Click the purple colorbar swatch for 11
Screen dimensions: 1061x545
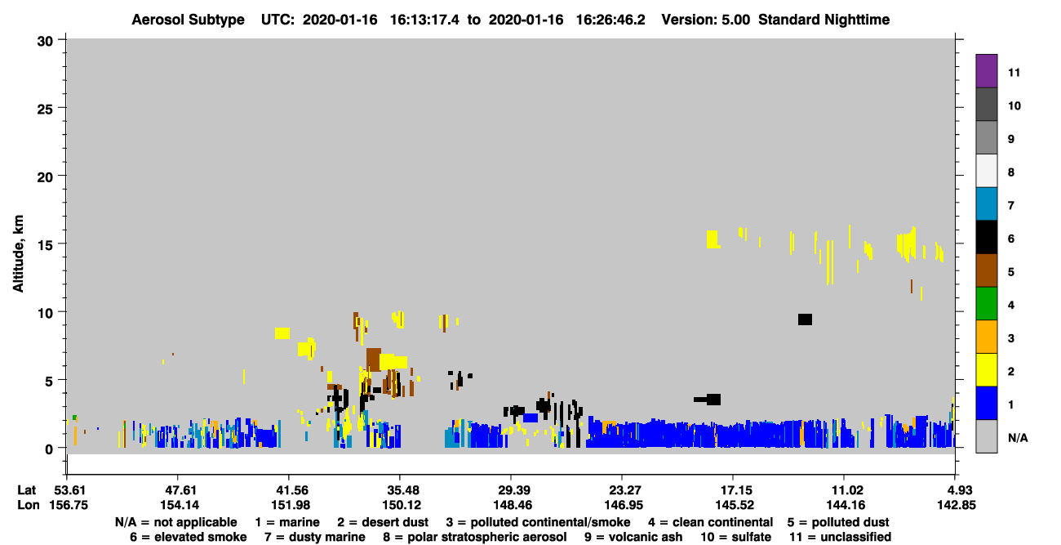[986, 70]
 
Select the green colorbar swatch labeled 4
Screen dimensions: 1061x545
[986, 303]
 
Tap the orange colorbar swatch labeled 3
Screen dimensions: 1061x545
[986, 337]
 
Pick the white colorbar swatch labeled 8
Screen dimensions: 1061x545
[986, 170]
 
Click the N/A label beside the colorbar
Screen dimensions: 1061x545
[1018, 438]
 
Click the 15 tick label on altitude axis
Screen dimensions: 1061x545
[45, 245]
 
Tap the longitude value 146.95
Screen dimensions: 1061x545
[624, 505]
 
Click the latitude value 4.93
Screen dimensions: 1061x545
[956, 490]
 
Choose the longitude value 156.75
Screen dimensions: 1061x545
[69, 505]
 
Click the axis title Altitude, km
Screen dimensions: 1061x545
[18, 253]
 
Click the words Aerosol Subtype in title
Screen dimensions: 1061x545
[188, 20]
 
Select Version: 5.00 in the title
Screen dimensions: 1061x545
[706, 20]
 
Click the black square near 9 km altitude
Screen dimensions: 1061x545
[805, 319]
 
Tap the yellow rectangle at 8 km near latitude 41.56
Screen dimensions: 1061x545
[282, 333]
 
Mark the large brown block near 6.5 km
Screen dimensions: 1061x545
[374, 360]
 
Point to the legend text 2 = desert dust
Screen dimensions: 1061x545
[383, 522]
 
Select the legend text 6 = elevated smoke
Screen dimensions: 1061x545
[189, 537]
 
